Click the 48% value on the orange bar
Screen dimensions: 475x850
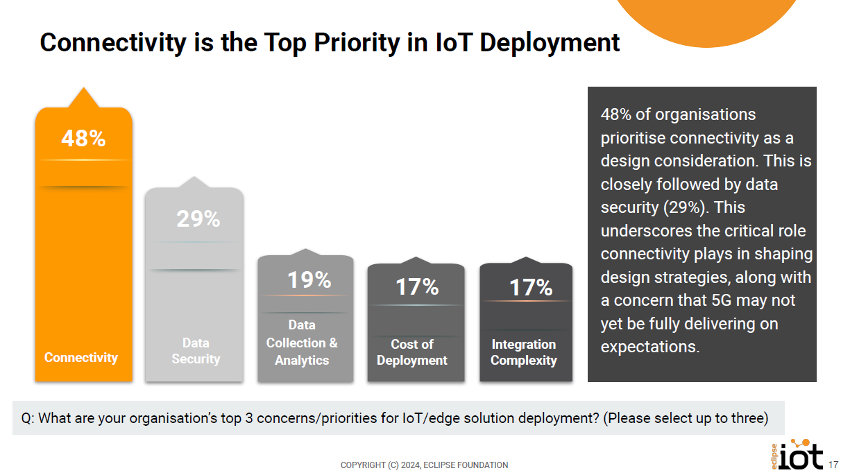pyautogui.click(x=83, y=139)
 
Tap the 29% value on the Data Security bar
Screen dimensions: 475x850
pyautogui.click(x=198, y=219)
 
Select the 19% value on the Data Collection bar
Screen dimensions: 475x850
pyautogui.click(x=309, y=279)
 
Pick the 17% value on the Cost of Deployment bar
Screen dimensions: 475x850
pyautogui.click(x=417, y=286)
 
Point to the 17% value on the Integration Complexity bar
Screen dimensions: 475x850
pyautogui.click(x=531, y=287)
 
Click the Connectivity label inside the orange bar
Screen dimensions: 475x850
pyautogui.click(x=81, y=358)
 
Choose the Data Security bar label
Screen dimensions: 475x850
pyautogui.click(x=196, y=351)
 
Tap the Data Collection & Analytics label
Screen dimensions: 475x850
pyautogui.click(x=302, y=343)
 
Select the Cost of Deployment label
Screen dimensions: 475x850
pyautogui.click(x=412, y=352)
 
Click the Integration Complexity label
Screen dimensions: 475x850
pyautogui.click(x=524, y=352)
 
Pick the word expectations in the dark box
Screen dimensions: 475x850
pyautogui.click(x=649, y=347)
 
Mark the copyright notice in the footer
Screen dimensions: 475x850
pyautogui.click(x=424, y=465)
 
